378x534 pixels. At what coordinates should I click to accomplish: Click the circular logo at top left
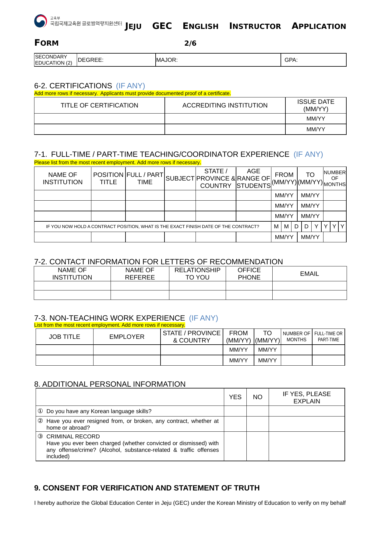(x=41, y=21)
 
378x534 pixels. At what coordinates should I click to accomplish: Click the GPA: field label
(x=291, y=60)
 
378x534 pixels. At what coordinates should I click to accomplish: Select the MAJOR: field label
(x=167, y=60)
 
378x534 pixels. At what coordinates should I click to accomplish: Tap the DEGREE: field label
(x=90, y=60)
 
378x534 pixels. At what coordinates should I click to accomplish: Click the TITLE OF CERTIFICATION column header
(x=99, y=105)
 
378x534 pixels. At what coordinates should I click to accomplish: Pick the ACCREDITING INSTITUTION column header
(x=225, y=105)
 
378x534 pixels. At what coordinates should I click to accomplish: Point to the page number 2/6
(x=190, y=43)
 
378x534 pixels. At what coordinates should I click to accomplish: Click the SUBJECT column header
(x=180, y=178)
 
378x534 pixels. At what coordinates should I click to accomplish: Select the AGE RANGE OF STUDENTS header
(x=253, y=178)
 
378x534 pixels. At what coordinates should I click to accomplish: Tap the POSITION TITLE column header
(x=108, y=178)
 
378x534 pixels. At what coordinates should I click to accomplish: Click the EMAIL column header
(x=309, y=274)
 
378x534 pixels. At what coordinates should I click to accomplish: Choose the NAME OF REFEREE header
(x=140, y=274)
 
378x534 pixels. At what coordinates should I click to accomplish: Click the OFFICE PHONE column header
(x=249, y=274)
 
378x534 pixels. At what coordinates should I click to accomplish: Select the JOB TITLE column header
(x=64, y=337)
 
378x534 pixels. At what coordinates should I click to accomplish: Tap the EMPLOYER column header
(x=127, y=337)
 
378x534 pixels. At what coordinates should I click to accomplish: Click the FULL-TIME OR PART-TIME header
(x=328, y=336)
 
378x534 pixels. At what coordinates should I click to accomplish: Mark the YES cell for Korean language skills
(x=235, y=411)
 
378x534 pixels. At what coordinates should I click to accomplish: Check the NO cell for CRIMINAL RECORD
(x=257, y=446)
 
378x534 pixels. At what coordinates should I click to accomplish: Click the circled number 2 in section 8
(x=40, y=421)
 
